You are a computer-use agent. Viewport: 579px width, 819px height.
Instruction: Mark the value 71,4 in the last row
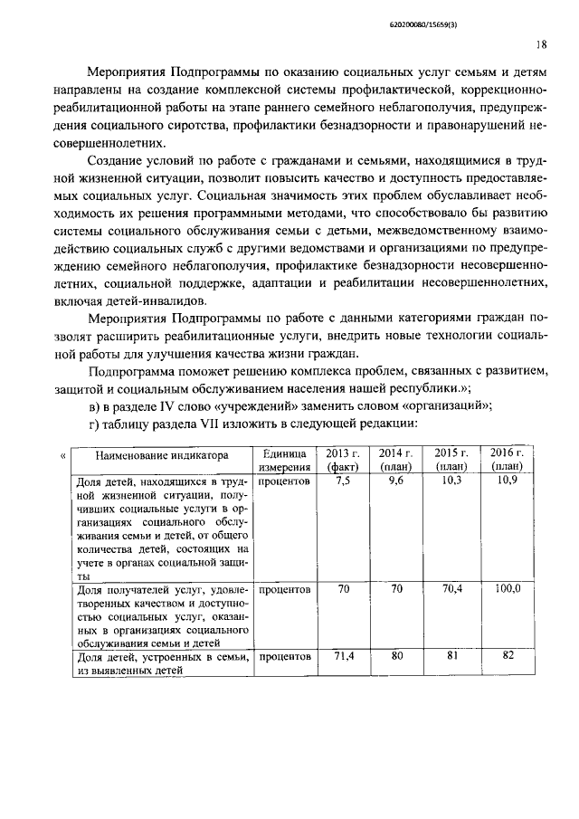(343, 656)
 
